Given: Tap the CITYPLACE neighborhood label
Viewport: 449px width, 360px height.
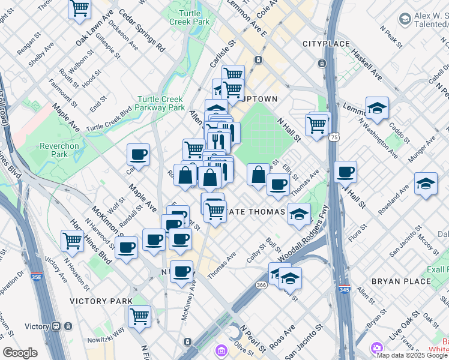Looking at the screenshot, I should [x=326, y=44].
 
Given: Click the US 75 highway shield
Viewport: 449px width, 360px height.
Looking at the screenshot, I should [x=333, y=137].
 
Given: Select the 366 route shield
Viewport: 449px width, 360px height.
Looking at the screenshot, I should [x=261, y=285].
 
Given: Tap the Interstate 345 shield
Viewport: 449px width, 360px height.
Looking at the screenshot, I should [x=344, y=289].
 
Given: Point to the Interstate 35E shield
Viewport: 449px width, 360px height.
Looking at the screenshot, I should [x=37, y=277].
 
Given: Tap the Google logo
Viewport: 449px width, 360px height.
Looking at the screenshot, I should [x=20, y=353].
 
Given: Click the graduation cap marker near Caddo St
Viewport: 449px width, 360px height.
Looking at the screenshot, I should [x=377, y=109].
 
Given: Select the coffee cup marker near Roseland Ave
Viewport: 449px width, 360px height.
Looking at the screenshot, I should [x=345, y=172].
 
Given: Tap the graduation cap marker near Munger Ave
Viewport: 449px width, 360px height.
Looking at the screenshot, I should [x=425, y=184].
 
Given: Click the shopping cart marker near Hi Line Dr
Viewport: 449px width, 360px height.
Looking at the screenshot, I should [x=72, y=241].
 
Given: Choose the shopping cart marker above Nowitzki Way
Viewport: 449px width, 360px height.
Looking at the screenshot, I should [x=139, y=316].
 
